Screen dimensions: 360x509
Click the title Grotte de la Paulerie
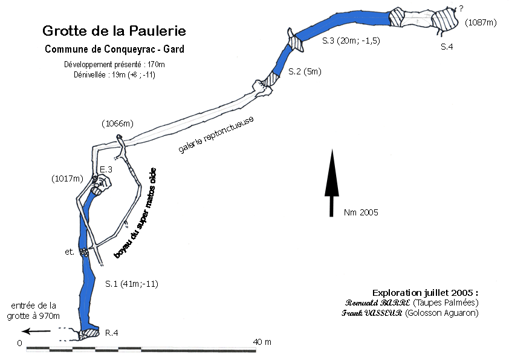(114, 30)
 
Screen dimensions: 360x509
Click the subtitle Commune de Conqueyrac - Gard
(114, 49)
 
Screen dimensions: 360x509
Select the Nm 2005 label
(361, 212)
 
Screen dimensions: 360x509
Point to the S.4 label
(447, 47)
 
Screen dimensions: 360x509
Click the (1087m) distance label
(481, 22)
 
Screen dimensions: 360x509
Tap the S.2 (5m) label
(305, 71)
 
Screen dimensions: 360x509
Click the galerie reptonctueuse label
(216, 134)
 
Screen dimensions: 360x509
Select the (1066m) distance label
(118, 124)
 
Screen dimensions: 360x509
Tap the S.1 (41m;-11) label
(131, 283)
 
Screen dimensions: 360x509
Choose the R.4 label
(111, 333)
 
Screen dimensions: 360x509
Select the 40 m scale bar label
(262, 342)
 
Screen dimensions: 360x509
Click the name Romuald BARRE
(378, 303)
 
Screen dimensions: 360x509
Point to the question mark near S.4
(461, 8)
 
